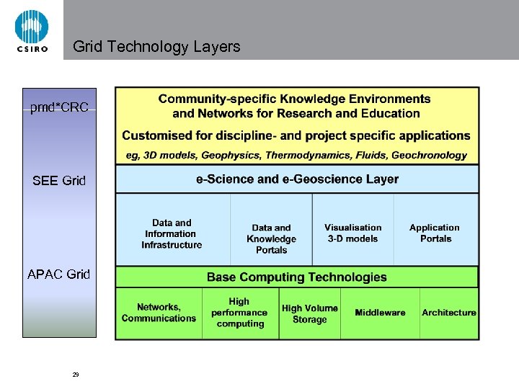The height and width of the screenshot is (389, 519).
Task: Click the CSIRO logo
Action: (x=31, y=30)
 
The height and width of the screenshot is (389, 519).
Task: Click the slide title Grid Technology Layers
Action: (x=156, y=48)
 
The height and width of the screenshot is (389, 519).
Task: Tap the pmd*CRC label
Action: (x=59, y=108)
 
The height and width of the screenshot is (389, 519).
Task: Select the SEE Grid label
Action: (x=59, y=180)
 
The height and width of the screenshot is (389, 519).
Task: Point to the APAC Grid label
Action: (x=59, y=274)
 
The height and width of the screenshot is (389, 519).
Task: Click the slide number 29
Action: (x=76, y=375)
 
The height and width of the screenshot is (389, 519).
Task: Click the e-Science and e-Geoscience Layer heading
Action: (x=297, y=179)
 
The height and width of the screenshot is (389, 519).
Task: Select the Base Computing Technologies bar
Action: (x=296, y=277)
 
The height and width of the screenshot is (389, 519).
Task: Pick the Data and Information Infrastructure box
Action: (x=172, y=233)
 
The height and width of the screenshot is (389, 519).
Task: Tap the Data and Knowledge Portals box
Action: (x=271, y=238)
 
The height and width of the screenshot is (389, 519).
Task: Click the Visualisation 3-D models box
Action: (x=353, y=233)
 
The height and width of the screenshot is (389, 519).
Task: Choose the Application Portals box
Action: (x=435, y=233)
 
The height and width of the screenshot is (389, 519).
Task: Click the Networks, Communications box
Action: (x=159, y=313)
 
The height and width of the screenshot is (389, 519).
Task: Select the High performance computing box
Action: (x=239, y=313)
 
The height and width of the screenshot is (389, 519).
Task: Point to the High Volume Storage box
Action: (x=310, y=313)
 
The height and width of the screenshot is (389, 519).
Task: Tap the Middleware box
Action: (x=380, y=313)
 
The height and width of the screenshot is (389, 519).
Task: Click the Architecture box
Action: (x=449, y=313)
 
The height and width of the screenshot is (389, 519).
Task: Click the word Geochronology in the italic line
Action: (x=430, y=155)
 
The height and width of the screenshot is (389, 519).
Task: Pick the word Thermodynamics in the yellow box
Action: (x=309, y=155)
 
